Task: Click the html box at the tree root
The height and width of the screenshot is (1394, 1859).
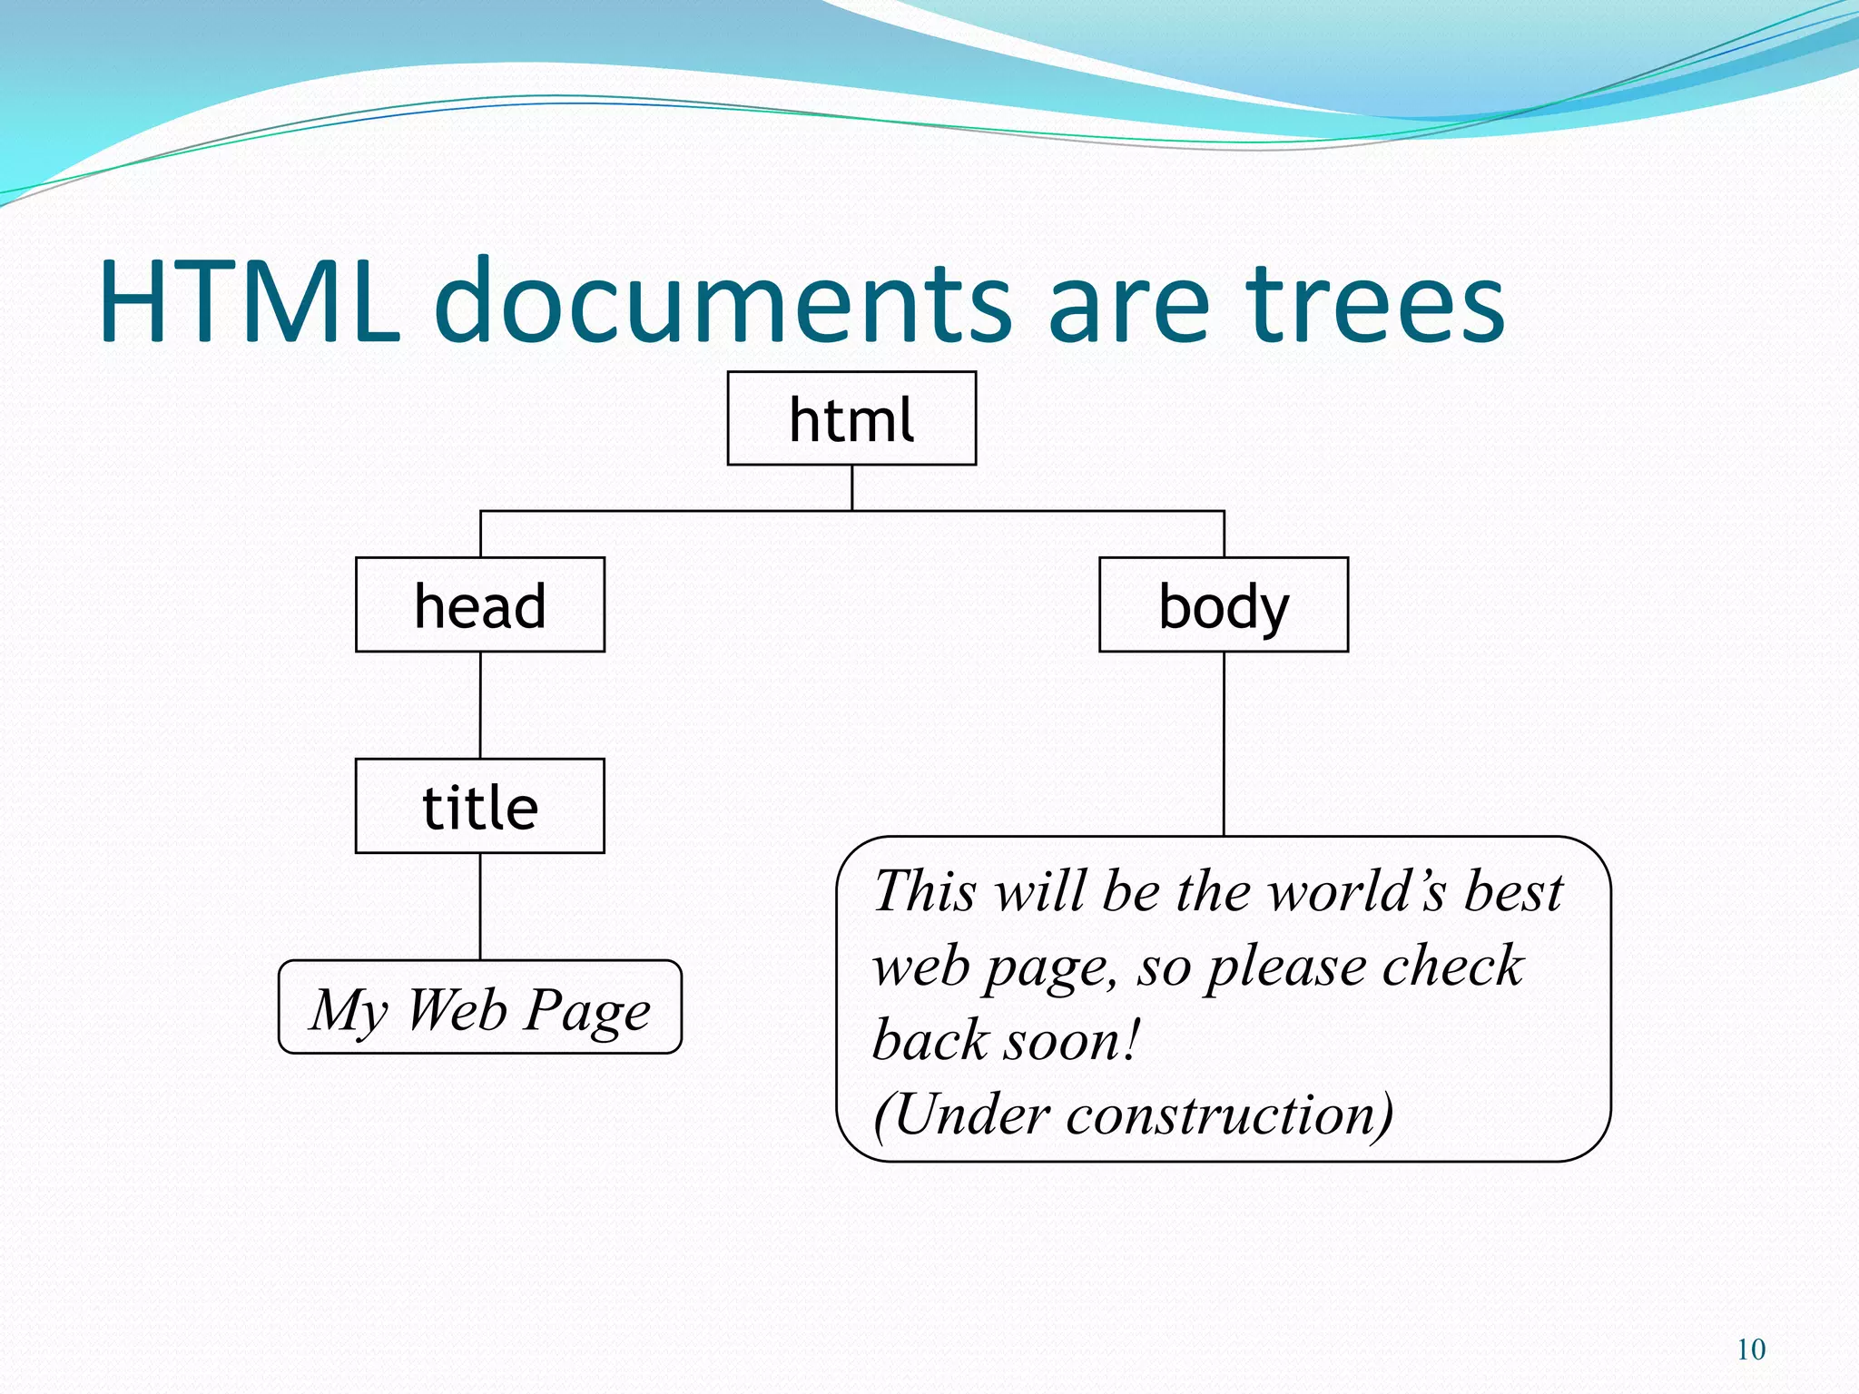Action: click(x=851, y=418)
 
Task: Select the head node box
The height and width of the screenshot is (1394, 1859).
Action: click(x=479, y=604)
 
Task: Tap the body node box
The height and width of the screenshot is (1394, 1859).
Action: click(x=1223, y=604)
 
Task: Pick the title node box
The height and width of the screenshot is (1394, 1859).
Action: click(x=479, y=806)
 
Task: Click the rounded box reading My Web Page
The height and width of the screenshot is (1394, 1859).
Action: click(x=479, y=1007)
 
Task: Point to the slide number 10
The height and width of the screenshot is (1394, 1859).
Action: click(x=1751, y=1350)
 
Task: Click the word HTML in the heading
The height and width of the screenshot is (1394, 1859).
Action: click(x=250, y=301)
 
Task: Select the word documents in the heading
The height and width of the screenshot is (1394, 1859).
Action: click(x=723, y=301)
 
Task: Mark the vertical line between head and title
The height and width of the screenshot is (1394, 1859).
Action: click(x=480, y=705)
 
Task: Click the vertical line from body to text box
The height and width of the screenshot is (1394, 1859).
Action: click(x=1224, y=744)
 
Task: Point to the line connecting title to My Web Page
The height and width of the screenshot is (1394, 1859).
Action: click(x=480, y=907)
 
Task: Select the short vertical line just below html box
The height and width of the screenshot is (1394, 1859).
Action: click(x=851, y=487)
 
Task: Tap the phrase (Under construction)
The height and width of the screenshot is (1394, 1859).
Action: click(x=1132, y=1114)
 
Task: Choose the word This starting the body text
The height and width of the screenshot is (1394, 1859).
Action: click(x=925, y=891)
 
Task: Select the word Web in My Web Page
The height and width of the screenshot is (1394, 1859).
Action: click(x=457, y=1009)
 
